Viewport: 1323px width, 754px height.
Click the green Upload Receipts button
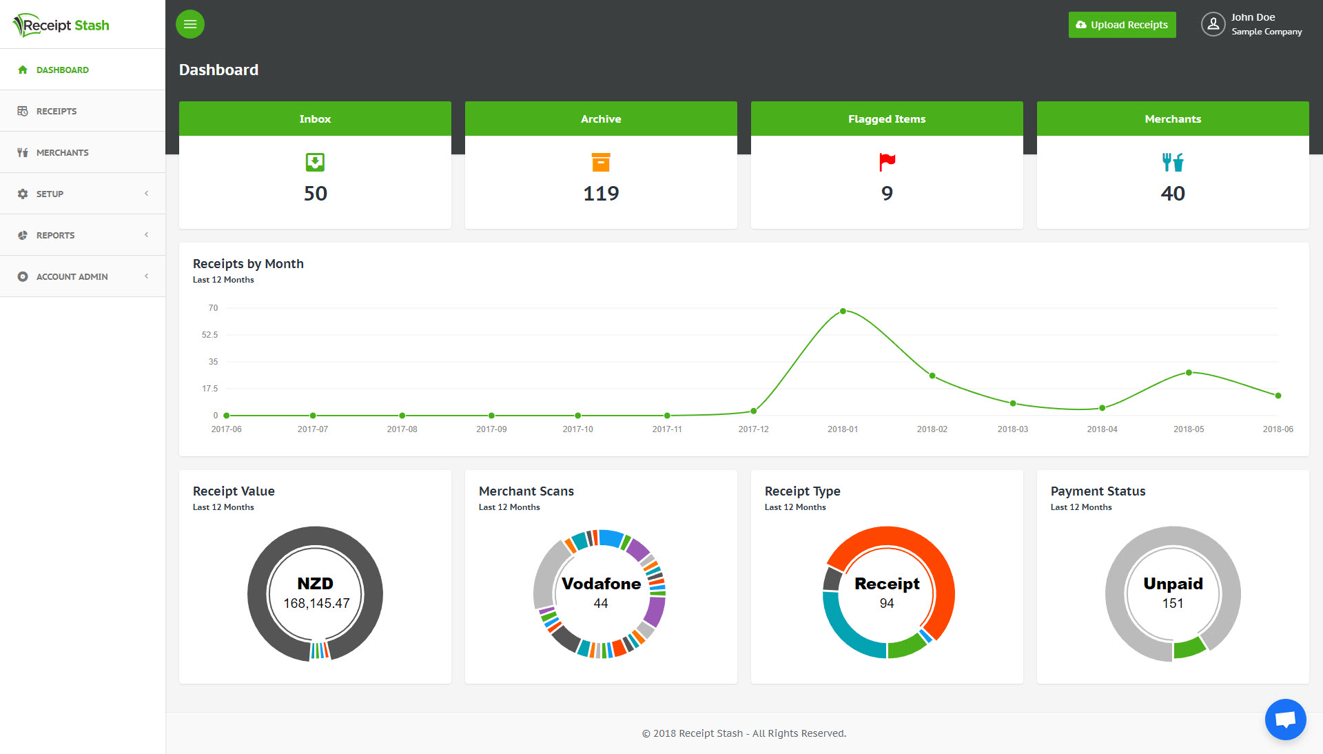[1122, 25]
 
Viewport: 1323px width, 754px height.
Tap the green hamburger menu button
[190, 24]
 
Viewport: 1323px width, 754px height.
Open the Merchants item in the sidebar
[63, 152]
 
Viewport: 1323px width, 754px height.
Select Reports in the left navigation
[55, 235]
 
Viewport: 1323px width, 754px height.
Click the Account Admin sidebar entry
[72, 276]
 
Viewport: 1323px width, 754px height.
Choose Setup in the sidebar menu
[50, 194]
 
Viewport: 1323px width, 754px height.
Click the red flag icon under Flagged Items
[887, 162]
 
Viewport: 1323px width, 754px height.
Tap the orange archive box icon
[601, 162]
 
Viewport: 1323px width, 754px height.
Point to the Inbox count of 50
[316, 194]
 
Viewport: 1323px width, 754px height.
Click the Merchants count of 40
[1173, 194]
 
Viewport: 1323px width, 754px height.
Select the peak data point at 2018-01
[843, 312]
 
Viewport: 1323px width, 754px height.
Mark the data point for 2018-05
[1189, 373]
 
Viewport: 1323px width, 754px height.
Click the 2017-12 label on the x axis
[753, 429]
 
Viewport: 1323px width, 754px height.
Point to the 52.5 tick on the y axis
[209, 335]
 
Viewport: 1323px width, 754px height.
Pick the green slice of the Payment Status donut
[1189, 647]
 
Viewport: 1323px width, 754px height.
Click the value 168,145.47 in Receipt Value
[316, 603]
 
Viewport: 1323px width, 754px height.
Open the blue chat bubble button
[1285, 720]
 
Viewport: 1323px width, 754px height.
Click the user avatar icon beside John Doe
[1213, 24]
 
